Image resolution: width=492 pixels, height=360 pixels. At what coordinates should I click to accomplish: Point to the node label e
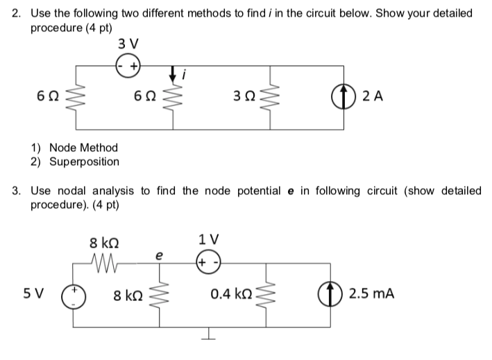tap(161, 255)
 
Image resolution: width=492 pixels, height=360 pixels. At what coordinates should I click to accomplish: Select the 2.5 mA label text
tap(371, 293)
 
